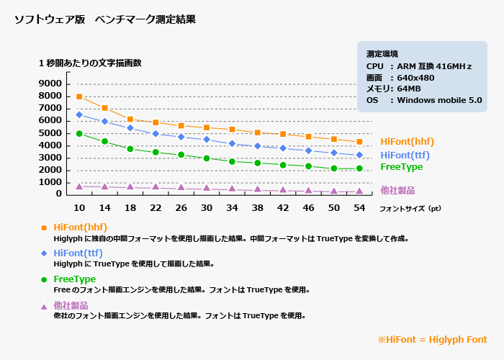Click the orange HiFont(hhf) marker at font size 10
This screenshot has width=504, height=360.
tap(79, 96)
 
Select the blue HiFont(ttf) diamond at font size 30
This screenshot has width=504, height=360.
tap(207, 139)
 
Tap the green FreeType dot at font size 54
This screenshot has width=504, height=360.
tap(359, 168)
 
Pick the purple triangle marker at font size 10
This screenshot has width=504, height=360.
tap(79, 186)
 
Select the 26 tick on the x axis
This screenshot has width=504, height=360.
tap(181, 207)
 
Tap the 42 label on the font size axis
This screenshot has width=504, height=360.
tap(283, 207)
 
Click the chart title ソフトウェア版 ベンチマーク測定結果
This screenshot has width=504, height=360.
tap(104, 20)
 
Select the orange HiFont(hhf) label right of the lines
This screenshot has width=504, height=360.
tap(407, 142)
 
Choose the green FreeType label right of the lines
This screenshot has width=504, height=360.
tap(401, 166)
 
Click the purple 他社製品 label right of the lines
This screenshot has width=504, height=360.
tap(398, 191)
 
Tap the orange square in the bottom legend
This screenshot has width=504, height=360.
tap(44, 228)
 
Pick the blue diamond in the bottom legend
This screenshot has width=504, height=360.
tap(44, 253)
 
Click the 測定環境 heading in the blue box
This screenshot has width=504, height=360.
tap(382, 54)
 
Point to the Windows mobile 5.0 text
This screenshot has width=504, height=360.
tap(439, 100)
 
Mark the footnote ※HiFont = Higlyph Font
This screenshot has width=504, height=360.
tap(432, 340)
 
